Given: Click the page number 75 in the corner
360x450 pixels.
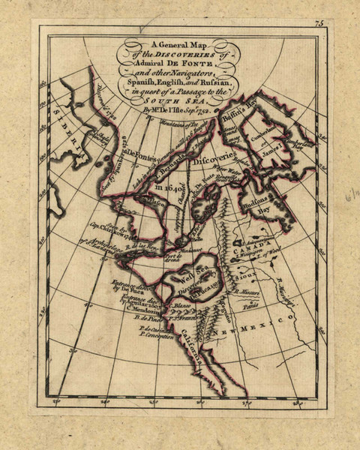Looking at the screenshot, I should click(318, 25).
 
